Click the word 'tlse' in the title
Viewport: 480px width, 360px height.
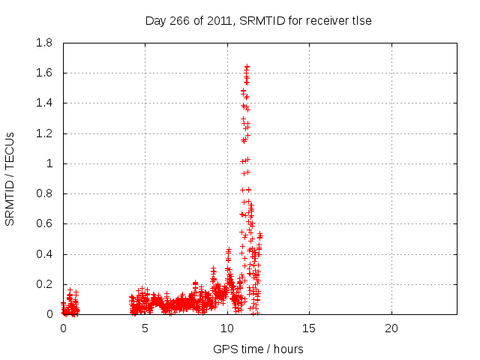[360, 21]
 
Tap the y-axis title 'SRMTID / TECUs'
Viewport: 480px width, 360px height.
[10, 178]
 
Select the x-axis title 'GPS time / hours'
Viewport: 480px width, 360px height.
[258, 349]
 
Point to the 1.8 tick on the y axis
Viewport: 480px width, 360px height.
[44, 43]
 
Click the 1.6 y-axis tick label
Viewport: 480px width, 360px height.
[44, 73]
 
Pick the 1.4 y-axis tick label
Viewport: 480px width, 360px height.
[44, 103]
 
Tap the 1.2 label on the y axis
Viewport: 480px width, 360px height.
[44, 133]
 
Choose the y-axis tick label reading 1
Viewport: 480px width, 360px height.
[51, 163]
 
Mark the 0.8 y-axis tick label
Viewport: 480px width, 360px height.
[44, 193]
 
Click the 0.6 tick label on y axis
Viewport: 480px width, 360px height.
[44, 223]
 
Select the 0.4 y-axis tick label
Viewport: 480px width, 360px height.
[44, 254]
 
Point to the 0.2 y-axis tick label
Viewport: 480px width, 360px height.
[44, 284]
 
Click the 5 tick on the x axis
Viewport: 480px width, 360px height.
[145, 328]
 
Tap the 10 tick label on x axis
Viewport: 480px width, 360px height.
[227, 328]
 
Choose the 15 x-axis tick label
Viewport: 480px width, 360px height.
[309, 328]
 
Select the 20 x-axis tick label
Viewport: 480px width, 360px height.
[391, 328]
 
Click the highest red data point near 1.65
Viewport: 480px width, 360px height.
[247, 67]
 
